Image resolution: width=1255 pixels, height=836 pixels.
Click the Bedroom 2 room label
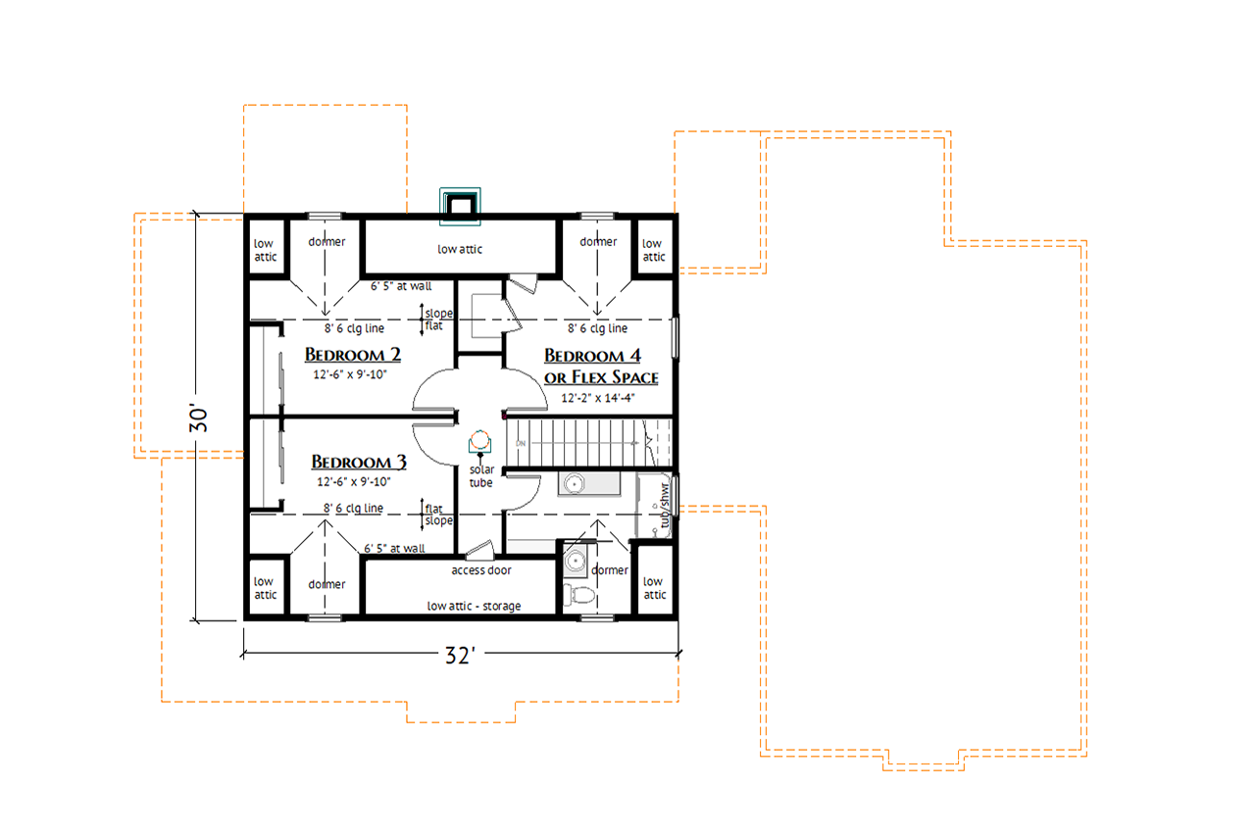(351, 354)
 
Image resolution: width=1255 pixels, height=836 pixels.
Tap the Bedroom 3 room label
(358, 461)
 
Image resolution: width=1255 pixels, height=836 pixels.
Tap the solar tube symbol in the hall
(479, 440)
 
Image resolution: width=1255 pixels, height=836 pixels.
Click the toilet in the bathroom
(579, 594)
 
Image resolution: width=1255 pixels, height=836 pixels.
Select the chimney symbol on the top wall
(460, 202)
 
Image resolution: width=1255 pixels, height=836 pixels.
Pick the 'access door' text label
(480, 570)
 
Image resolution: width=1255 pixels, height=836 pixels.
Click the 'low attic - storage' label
(474, 606)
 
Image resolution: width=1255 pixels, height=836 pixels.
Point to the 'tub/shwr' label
(665, 506)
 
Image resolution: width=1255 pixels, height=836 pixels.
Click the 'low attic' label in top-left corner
(265, 250)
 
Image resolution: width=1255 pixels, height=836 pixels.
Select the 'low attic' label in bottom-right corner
(654, 588)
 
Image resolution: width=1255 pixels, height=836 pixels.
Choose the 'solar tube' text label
(480, 476)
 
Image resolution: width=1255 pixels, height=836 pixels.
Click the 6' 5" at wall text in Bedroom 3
(394, 549)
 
